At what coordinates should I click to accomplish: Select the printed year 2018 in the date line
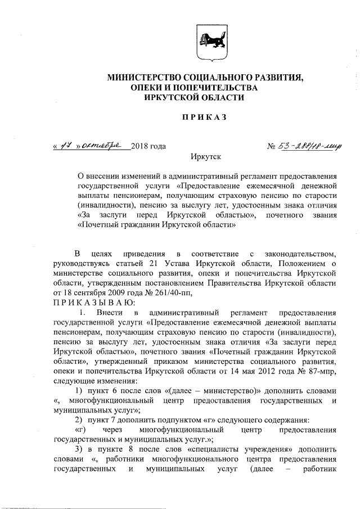tap(140, 147)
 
